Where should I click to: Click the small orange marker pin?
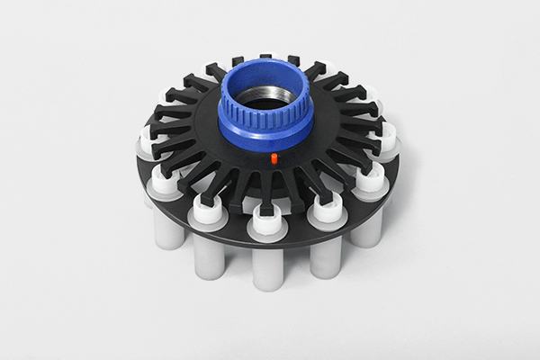click(274, 158)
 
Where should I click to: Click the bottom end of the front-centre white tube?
click(267, 285)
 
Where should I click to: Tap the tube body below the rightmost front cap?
click(368, 225)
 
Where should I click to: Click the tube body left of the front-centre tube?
click(209, 256)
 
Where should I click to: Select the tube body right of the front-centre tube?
click(325, 256)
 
